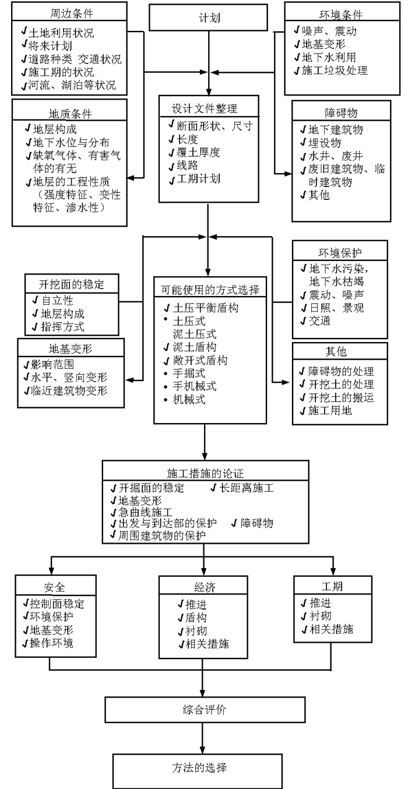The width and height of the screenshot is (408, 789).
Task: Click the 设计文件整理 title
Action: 204,109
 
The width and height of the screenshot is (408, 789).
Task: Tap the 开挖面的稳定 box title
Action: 71,285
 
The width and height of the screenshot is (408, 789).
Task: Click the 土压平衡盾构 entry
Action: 201,308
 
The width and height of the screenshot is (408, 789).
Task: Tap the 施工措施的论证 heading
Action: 205,473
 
